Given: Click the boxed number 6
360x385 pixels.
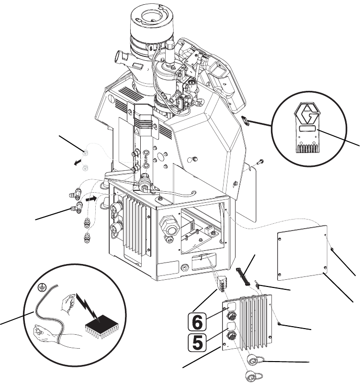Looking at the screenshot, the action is coord(197,322).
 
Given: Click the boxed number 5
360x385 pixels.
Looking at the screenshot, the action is coord(197,342).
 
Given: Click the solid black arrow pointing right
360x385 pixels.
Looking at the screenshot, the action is coord(91,198).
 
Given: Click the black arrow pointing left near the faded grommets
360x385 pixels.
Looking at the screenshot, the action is coord(78,162).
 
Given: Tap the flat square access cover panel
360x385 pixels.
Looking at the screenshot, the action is coord(302,253).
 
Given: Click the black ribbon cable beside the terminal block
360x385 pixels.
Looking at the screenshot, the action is coord(242,276).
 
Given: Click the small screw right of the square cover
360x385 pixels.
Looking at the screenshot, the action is coord(332,250).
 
